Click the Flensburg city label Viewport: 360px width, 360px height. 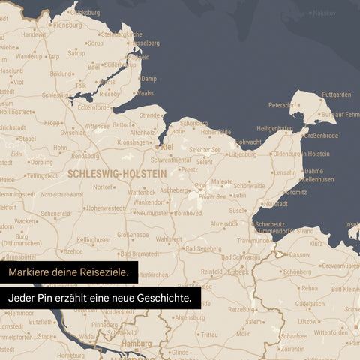(x=68, y=25)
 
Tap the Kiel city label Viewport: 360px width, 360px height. (x=167, y=147)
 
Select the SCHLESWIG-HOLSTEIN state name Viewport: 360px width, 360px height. (x=116, y=172)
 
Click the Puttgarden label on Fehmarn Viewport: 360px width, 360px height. (x=336, y=94)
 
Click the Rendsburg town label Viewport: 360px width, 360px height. (x=85, y=156)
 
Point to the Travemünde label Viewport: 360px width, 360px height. (x=255, y=241)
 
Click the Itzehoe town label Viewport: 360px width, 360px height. (x=72, y=251)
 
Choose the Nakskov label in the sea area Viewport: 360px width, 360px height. (x=325, y=13)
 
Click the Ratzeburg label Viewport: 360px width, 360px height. (x=241, y=308)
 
